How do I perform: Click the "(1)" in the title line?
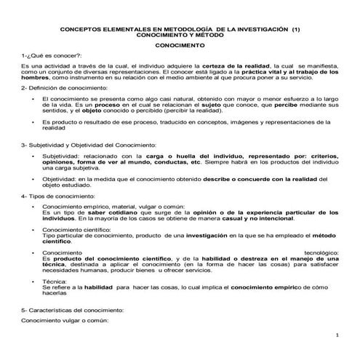pyautogui.click(x=295, y=29)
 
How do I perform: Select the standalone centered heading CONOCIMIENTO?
pyautogui.click(x=180, y=45)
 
